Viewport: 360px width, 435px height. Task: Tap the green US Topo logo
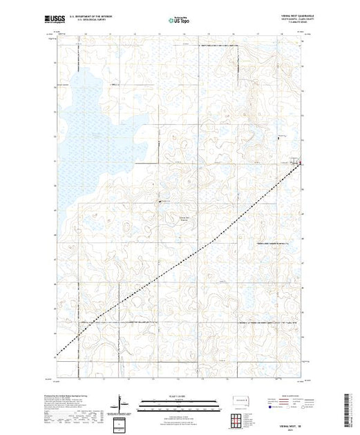[179, 20]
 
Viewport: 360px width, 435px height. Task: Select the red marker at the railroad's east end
[299, 163]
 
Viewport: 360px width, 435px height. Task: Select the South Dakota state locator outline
[240, 400]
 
